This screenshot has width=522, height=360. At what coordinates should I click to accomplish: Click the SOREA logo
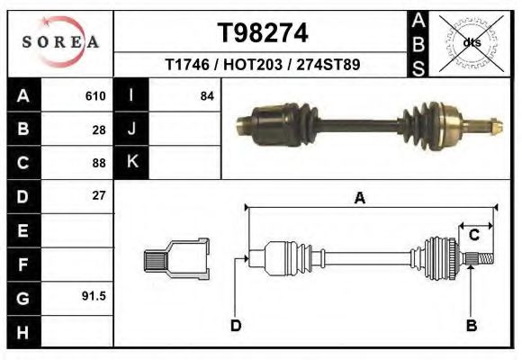click(60, 42)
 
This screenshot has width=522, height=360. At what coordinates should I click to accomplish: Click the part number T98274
click(263, 33)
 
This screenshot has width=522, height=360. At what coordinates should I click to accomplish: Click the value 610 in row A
click(95, 95)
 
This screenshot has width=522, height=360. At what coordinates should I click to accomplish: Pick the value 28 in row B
click(99, 130)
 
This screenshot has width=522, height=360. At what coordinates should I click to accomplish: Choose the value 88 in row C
click(99, 163)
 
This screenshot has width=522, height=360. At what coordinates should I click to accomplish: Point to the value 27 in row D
click(99, 195)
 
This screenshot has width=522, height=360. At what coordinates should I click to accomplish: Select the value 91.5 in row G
click(94, 295)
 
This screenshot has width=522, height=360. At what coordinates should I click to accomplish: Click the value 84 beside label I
click(207, 95)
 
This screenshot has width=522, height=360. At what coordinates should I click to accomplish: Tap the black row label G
click(22, 296)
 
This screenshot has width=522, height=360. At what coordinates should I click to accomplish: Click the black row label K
click(131, 162)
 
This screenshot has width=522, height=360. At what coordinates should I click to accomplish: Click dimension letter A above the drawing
click(360, 199)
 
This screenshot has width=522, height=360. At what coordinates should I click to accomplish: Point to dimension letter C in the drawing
click(473, 236)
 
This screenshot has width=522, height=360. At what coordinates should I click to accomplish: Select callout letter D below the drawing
click(236, 325)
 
